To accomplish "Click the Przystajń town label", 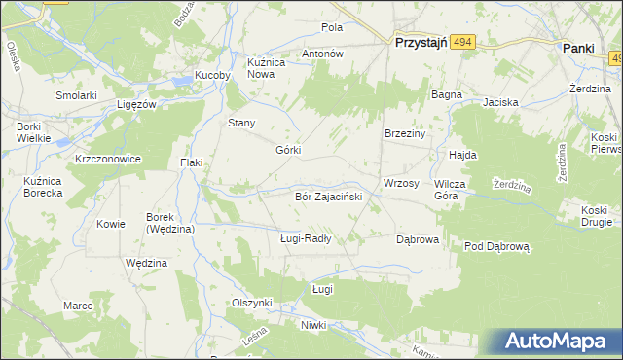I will [420, 43].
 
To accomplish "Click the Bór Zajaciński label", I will [328, 197].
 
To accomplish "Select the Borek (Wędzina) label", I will [170, 223].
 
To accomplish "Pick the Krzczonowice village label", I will [108, 159].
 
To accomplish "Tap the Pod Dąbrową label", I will [495, 247].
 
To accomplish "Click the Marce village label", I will [78, 306].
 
